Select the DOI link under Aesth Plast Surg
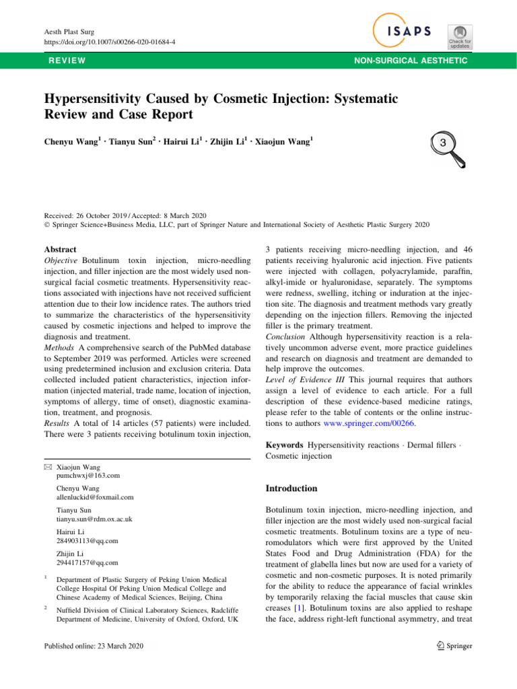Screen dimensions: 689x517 pos(100,42)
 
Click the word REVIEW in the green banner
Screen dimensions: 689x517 pos(66,61)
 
